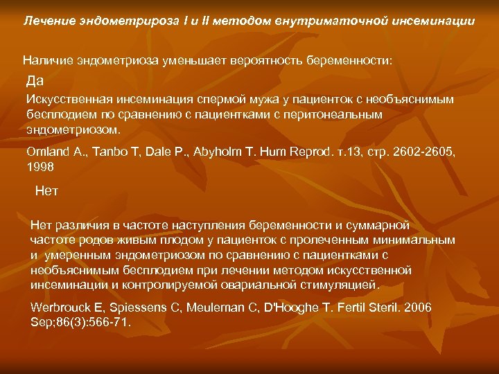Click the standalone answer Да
pos(35,80)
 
